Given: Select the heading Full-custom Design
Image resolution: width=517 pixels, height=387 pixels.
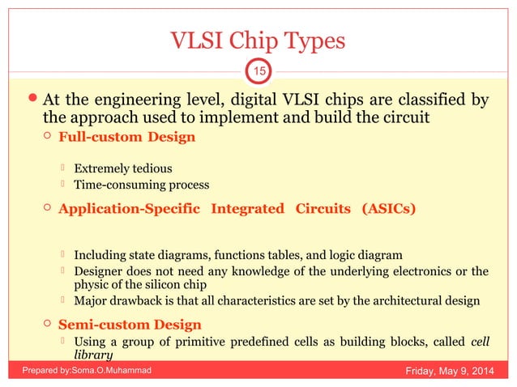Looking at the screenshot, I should [x=126, y=137].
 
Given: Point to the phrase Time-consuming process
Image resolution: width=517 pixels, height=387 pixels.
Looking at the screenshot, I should [x=142, y=185].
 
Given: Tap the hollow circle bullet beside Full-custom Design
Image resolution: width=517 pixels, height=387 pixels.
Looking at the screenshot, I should [x=49, y=137].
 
